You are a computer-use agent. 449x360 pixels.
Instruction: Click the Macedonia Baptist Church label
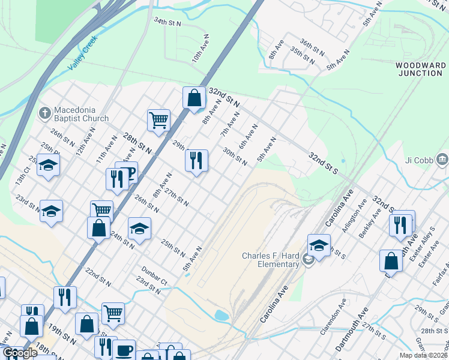click(81, 114)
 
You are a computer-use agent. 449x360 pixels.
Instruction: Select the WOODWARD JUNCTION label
click(421, 69)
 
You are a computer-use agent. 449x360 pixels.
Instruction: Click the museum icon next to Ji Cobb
click(442, 160)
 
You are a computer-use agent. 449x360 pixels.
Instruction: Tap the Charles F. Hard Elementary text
click(270, 260)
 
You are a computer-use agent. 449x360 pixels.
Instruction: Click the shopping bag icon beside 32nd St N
click(194, 98)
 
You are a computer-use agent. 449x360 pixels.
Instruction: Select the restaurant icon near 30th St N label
click(196, 160)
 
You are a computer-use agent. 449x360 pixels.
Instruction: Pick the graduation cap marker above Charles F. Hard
click(319, 245)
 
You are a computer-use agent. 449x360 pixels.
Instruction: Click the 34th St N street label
click(167, 22)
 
